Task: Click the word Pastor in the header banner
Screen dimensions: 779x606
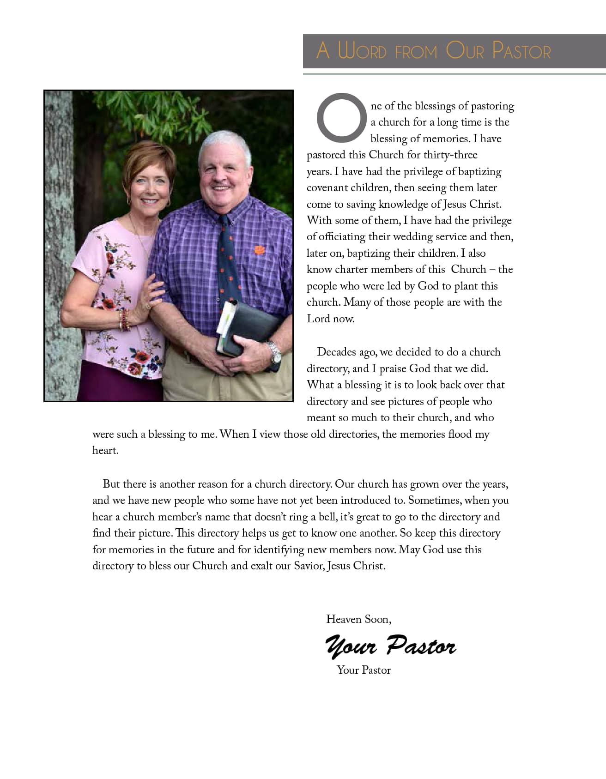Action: pos(521,50)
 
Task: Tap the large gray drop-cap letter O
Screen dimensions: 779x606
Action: pos(341,118)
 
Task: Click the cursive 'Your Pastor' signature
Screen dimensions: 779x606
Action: pos(391,645)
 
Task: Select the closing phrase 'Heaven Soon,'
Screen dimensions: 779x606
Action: pos(359,619)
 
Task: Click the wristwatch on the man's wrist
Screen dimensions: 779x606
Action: pos(275,353)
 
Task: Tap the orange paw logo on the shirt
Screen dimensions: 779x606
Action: pos(260,250)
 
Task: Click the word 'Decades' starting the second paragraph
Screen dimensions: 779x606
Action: pos(339,352)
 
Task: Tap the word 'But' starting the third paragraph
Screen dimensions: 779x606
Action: pos(111,484)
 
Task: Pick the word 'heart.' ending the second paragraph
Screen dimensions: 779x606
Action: pos(105,451)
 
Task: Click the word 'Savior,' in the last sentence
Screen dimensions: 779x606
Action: pos(309,566)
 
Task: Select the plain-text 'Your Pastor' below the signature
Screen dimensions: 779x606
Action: pos(364,670)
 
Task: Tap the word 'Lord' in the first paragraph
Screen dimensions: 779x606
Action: pos(318,319)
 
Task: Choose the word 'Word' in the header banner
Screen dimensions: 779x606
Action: pos(362,50)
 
